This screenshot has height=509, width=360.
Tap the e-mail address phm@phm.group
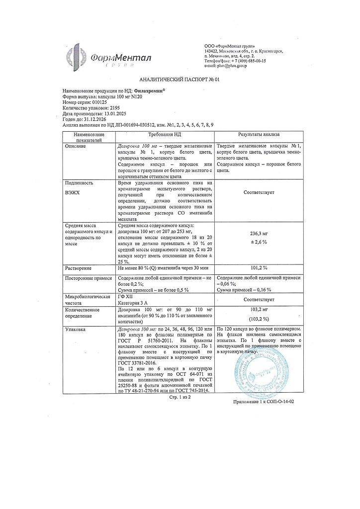tap(235, 66)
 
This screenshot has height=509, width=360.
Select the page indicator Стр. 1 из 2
tap(180, 397)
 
